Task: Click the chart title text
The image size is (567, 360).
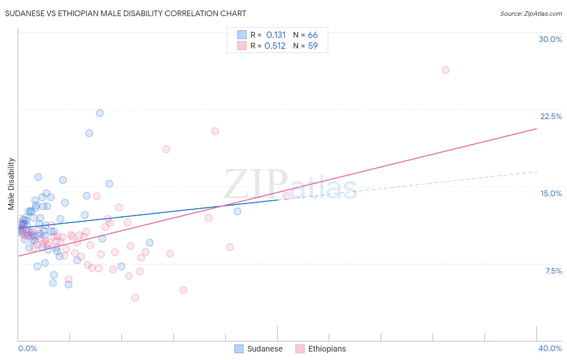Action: tap(125, 13)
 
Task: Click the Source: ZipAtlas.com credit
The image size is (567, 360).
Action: tap(531, 13)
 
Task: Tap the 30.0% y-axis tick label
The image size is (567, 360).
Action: tap(550, 39)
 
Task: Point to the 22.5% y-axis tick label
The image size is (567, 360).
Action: tap(551, 116)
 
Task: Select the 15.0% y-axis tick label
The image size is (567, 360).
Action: tap(551, 193)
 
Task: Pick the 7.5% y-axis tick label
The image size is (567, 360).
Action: tap(553, 271)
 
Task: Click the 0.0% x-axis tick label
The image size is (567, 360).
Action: tap(28, 348)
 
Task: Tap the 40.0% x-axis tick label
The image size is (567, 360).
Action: tap(550, 348)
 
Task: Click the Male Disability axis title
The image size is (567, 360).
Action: tap(11, 184)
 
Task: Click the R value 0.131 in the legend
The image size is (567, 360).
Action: tap(276, 35)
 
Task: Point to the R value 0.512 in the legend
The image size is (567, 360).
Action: tap(275, 46)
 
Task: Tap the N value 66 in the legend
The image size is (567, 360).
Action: tap(313, 35)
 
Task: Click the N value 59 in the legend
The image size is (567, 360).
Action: tap(313, 46)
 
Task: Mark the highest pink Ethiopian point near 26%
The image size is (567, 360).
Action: tap(445, 70)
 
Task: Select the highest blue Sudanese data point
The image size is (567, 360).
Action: tap(100, 113)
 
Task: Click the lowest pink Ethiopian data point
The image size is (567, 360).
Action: tap(135, 297)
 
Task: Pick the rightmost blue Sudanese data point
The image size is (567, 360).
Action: tap(237, 211)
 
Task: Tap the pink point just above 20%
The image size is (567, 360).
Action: tap(215, 131)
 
